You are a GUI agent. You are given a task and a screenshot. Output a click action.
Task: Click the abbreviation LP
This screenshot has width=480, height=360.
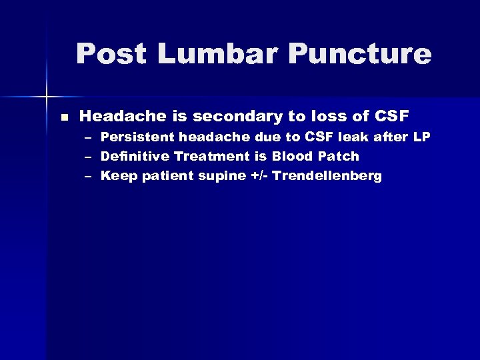point(421,137)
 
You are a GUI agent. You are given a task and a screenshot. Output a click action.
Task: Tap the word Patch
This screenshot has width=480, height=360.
point(339,157)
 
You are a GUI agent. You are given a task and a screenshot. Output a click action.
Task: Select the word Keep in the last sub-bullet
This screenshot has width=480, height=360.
point(117,176)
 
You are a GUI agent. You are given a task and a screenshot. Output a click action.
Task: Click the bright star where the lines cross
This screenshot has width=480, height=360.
point(47,97)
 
